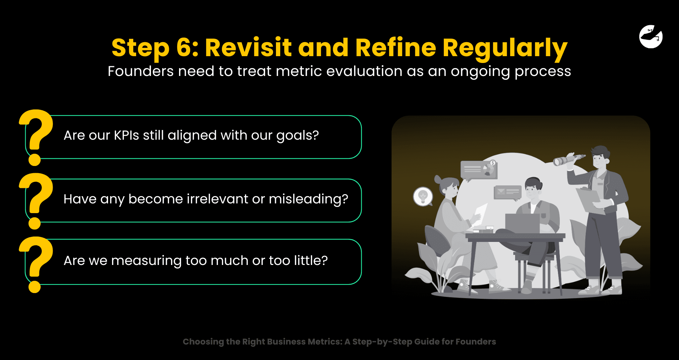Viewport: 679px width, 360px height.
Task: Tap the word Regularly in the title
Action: coord(505,49)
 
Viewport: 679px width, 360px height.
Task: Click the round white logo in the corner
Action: coord(651,36)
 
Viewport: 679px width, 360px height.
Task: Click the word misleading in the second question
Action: coord(308,199)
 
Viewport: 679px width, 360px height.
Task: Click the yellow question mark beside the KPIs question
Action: coord(36,137)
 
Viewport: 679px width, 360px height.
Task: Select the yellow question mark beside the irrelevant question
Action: coord(36,201)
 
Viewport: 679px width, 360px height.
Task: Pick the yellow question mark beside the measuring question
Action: coord(36,264)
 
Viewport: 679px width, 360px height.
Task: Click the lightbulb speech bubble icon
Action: coord(423,197)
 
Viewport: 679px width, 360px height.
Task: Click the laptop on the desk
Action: coord(522,223)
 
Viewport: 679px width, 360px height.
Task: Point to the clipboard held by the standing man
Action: coord(590,200)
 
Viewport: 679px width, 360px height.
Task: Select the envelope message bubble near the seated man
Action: coord(507,193)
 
